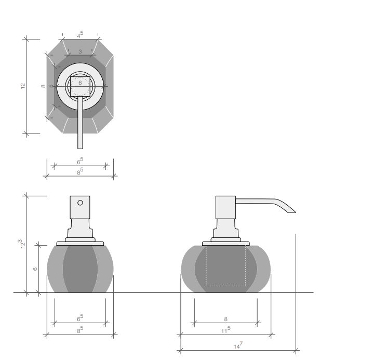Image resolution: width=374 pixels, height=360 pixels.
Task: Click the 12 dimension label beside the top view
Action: pos(23,86)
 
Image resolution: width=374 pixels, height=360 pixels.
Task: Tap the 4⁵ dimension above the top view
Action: pos(80,35)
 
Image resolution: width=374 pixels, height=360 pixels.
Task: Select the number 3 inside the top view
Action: pos(80,51)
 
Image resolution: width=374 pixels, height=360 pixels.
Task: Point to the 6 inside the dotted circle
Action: pos(80,83)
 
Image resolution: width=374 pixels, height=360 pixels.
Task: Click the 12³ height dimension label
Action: pos(22,244)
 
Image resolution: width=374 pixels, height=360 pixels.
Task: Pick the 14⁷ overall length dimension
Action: pos(238,345)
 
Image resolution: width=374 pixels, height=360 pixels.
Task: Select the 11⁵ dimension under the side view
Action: pos(225,330)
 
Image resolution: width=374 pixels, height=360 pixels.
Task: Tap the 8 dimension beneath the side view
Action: pos(225,319)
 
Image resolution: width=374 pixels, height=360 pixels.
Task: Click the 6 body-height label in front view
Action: pos(35,269)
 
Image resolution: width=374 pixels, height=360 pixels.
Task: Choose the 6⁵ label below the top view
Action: pos(80,161)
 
